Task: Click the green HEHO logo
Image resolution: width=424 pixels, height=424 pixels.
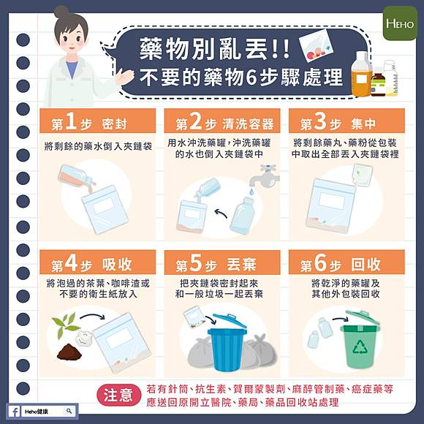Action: coord(400,23)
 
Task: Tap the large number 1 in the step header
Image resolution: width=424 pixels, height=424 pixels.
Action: coord(71,121)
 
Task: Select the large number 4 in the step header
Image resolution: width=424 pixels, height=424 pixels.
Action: coord(71,262)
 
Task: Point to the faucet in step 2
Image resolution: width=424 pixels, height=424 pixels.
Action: coord(265,175)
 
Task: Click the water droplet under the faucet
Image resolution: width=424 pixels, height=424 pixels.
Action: coord(251,192)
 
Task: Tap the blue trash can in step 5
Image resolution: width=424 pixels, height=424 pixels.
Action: coord(227,343)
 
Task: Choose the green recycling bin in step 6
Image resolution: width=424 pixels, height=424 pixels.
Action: coord(360,340)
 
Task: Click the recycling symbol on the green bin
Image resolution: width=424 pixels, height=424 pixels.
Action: coord(360,347)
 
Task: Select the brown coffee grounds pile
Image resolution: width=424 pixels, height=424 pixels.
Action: coord(69,352)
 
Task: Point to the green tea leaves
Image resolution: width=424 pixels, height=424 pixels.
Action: coord(66,325)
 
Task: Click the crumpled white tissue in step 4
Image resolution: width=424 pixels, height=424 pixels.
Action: coord(84,338)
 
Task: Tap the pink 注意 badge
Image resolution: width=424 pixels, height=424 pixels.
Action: coord(118,395)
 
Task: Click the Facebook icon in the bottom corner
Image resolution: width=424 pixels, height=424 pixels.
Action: coord(15,412)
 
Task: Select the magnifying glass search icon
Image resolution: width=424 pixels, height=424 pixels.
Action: coord(69,412)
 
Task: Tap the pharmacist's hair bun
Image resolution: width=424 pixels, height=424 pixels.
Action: coord(61,12)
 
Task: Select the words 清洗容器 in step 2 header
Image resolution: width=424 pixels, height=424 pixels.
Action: coord(248,124)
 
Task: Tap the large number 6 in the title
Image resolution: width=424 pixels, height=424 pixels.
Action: coord(251,77)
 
